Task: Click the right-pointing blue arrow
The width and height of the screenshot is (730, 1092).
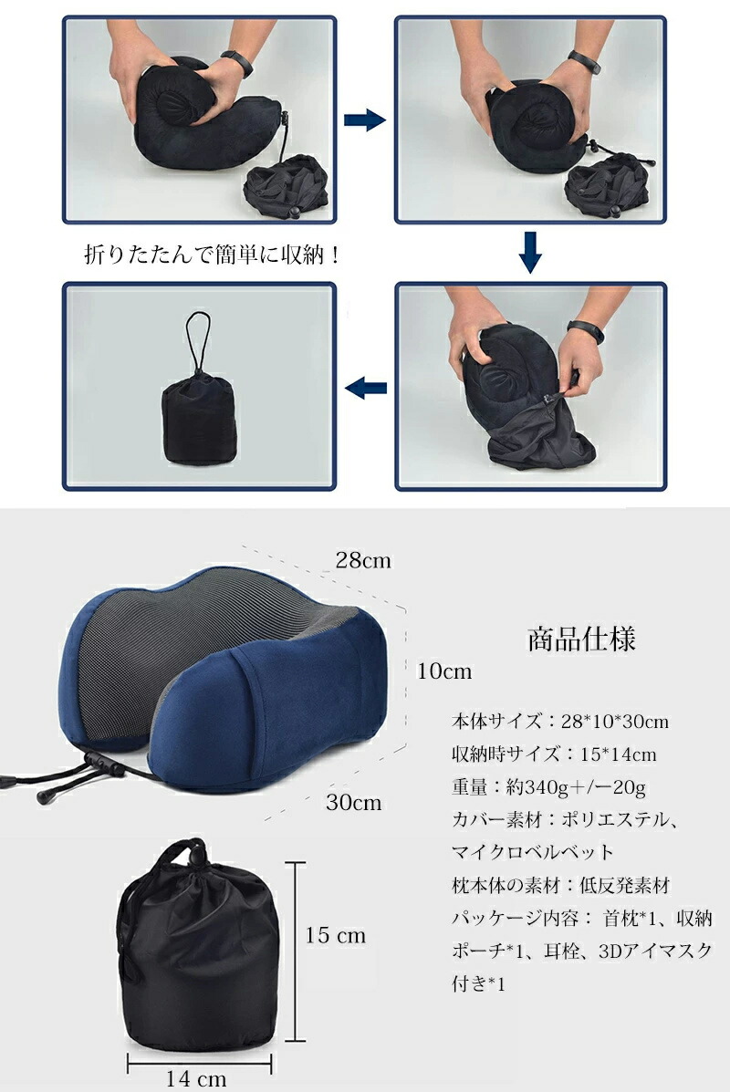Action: (x=365, y=120)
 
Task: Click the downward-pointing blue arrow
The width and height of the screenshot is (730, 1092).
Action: (x=530, y=252)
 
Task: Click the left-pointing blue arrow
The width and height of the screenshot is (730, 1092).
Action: (x=365, y=388)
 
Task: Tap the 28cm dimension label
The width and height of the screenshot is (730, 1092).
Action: (x=363, y=560)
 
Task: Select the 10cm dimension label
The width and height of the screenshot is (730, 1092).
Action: (x=444, y=671)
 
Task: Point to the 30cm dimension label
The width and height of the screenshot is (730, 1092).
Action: (x=354, y=802)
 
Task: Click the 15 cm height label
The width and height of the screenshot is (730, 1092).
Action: (x=335, y=934)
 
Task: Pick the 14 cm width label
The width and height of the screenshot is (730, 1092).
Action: (x=196, y=1078)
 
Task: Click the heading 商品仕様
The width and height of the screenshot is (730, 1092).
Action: (x=581, y=639)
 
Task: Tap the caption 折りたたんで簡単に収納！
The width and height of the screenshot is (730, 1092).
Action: (x=213, y=255)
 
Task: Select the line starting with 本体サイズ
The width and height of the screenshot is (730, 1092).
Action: (x=560, y=721)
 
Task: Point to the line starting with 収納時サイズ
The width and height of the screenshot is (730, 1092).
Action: (x=554, y=754)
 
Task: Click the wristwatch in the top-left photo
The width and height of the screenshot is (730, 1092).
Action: (x=237, y=63)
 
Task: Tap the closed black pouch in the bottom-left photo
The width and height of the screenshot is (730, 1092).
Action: (x=199, y=418)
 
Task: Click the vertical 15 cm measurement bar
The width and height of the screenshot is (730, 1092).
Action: (x=296, y=952)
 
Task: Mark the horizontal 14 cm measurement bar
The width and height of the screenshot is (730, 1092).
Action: (x=199, y=1064)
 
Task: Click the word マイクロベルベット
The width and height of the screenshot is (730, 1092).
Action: (x=533, y=852)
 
